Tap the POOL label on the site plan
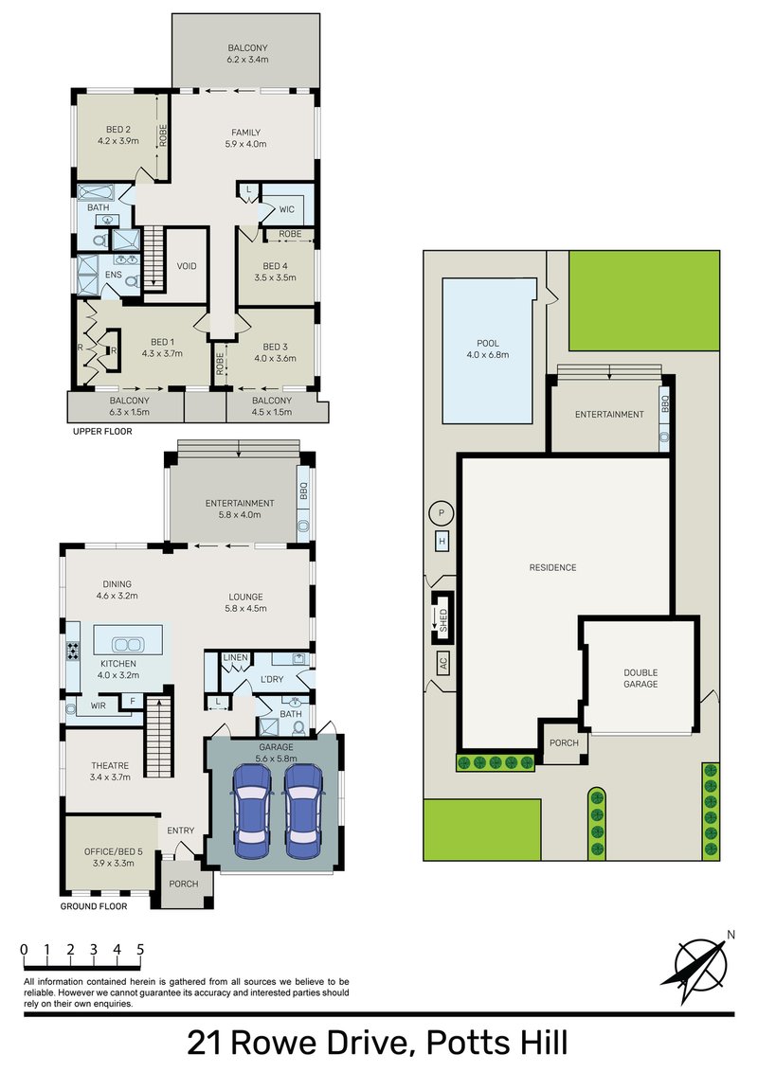click(488, 344)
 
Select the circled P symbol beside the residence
click(441, 513)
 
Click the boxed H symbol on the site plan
click(442, 541)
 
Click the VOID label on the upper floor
click(187, 266)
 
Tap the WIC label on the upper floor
click(287, 208)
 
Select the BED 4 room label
click(275, 266)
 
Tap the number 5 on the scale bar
click(140, 948)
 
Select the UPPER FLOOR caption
click(102, 431)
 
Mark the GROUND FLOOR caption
click(94, 906)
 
